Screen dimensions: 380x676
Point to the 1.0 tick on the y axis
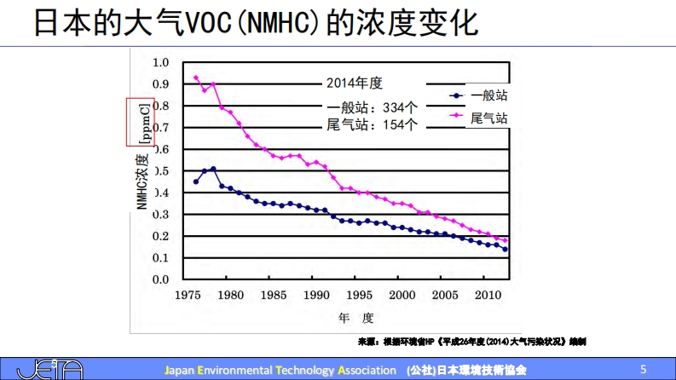coord(160,62)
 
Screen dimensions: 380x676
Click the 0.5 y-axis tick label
coord(160,170)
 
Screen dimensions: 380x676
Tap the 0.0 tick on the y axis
coord(160,279)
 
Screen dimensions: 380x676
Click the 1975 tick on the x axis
coord(186,296)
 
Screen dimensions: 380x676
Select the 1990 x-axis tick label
coord(316,296)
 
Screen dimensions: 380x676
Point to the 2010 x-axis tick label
coord(488,296)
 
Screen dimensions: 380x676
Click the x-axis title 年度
coord(356,318)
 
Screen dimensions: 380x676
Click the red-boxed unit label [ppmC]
coord(142,122)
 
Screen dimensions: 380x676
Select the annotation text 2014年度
coord(355,83)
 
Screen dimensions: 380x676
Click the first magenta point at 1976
coord(195,78)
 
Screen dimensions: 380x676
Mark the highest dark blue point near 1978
coord(213,169)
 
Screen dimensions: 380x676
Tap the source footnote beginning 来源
coord(472,342)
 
